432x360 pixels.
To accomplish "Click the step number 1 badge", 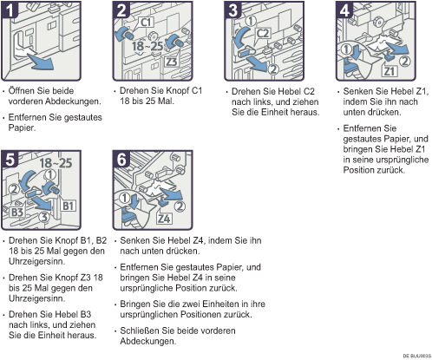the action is coord(10,10).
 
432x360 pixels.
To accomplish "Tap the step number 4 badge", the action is coord(344,10).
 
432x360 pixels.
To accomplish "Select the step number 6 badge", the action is coord(121,160).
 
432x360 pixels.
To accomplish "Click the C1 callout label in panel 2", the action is coord(147,22).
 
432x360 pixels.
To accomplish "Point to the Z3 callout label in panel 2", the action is coord(171,62).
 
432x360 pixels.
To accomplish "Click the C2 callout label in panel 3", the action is coord(263,34).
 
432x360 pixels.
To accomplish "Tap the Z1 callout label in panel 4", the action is coord(389,71).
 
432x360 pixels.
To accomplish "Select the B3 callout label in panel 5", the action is coord(17,213).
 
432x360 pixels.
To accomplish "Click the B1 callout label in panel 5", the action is coord(68,206).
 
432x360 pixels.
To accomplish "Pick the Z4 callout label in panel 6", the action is coord(164,219).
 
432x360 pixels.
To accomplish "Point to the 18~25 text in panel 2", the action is coord(147,46).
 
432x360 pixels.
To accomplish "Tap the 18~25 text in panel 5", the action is coord(56,163).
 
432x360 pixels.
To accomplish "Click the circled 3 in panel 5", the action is coord(44,217).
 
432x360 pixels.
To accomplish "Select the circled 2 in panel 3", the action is coord(273,69).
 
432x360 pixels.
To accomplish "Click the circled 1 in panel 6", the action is coord(125,199).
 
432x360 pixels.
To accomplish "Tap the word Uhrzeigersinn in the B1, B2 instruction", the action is coord(36,261).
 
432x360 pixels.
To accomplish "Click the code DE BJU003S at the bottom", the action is coord(417,356).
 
